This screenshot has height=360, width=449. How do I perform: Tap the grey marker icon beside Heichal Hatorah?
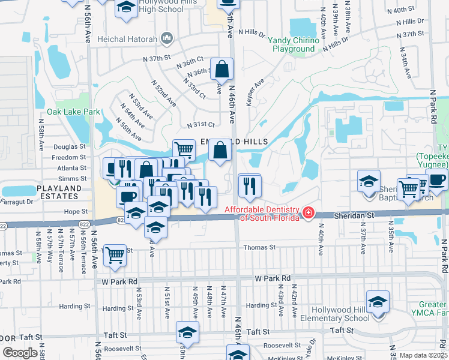(167, 39)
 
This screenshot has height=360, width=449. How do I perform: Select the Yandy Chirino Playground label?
(294, 44)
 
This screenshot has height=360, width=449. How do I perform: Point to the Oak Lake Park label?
(73, 112)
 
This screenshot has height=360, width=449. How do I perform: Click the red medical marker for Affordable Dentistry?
(308, 213)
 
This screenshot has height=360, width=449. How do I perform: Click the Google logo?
(20, 353)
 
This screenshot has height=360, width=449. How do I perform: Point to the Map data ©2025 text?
(423, 355)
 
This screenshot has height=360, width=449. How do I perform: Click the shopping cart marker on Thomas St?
(114, 255)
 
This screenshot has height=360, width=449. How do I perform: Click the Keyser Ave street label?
(255, 92)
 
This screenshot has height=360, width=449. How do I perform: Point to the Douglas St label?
(70, 146)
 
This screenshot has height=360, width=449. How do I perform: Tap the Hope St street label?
(76, 211)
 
